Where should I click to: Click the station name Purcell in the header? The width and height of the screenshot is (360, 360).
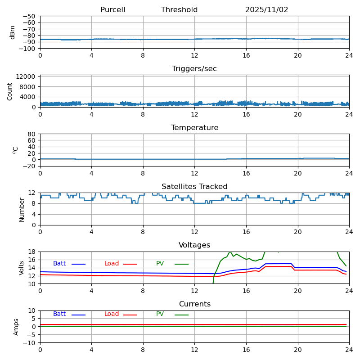(112, 10)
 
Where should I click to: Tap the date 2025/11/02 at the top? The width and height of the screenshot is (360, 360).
(266, 10)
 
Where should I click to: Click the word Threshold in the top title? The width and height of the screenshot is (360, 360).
(179, 10)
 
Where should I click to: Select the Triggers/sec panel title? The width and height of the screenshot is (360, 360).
(194, 69)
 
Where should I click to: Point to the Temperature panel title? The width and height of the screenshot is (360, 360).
(194, 128)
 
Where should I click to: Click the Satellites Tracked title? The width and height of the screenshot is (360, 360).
(194, 187)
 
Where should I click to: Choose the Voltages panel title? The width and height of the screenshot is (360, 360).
(194, 245)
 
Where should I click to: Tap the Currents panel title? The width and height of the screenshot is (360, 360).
(194, 304)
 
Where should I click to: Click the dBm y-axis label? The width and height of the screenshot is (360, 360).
(13, 32)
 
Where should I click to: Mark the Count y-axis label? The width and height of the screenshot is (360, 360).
(10, 91)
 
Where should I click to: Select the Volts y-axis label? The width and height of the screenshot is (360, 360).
(22, 268)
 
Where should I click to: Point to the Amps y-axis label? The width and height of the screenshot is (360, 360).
(16, 327)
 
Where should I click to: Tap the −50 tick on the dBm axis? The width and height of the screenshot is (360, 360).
(28, 16)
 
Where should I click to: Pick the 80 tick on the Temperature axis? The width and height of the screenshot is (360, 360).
(32, 134)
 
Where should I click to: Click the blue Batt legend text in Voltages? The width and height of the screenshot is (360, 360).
(59, 264)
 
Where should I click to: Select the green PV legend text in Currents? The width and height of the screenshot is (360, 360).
(160, 314)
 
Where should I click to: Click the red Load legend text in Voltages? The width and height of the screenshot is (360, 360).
(112, 264)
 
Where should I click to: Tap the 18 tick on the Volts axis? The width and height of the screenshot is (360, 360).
(32, 252)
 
